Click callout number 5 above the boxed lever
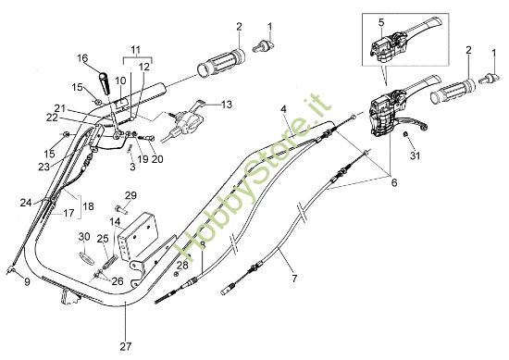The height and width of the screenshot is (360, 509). (x=379, y=20)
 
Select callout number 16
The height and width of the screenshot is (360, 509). (x=82, y=58)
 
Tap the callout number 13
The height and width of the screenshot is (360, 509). (x=227, y=104)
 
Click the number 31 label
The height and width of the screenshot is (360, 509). (x=415, y=155)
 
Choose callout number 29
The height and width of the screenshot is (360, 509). (x=130, y=195)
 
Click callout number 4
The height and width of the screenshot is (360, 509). (x=283, y=110)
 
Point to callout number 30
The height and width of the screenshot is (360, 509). (x=84, y=237)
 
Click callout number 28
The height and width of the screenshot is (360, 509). (x=182, y=265)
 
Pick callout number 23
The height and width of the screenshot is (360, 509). (x=43, y=167)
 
